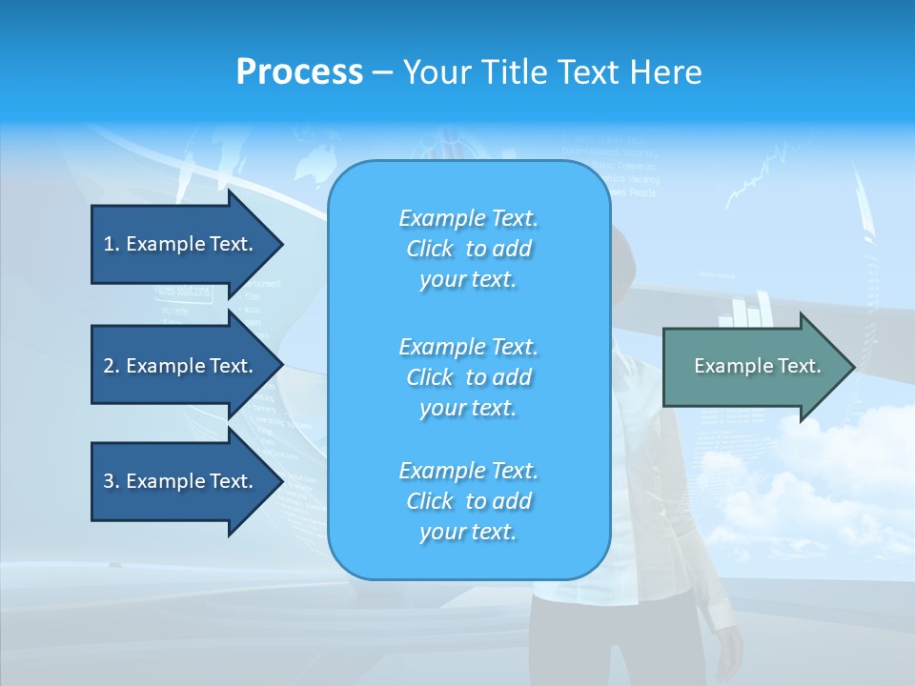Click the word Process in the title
(x=299, y=72)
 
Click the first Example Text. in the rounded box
(x=468, y=218)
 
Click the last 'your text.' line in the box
(x=468, y=532)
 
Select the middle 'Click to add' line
(x=468, y=377)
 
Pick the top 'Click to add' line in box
(x=468, y=249)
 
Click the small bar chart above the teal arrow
(x=752, y=308)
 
